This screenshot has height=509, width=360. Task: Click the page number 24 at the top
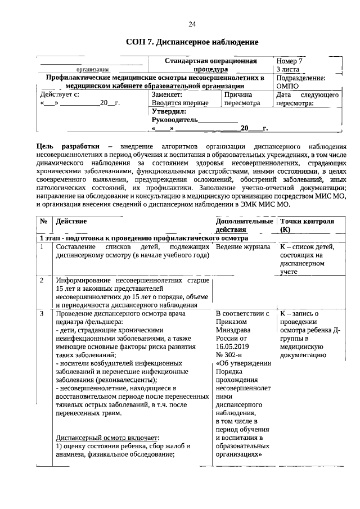[x=192, y=24]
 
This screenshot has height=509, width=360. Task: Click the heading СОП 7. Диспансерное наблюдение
[x=192, y=42]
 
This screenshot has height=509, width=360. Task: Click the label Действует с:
[x=56, y=95]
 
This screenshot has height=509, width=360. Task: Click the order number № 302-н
[x=229, y=355]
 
